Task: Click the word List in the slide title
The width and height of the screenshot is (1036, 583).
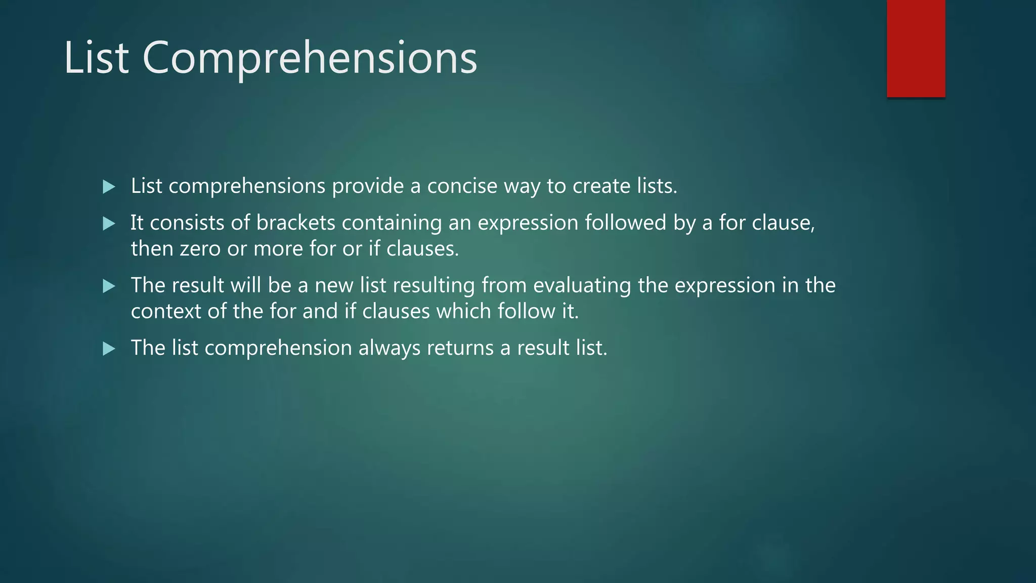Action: click(x=96, y=58)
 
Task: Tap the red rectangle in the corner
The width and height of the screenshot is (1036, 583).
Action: click(x=916, y=48)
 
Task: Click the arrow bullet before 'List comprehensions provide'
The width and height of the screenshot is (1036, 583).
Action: click(x=109, y=187)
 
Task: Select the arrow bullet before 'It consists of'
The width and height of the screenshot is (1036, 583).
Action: click(x=109, y=224)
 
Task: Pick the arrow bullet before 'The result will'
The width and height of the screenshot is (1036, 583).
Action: click(x=109, y=286)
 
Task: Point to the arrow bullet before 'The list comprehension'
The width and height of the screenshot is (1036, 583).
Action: click(x=109, y=349)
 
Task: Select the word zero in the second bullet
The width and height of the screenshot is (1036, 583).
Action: click(x=200, y=249)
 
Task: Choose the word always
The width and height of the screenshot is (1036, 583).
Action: click(x=389, y=348)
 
